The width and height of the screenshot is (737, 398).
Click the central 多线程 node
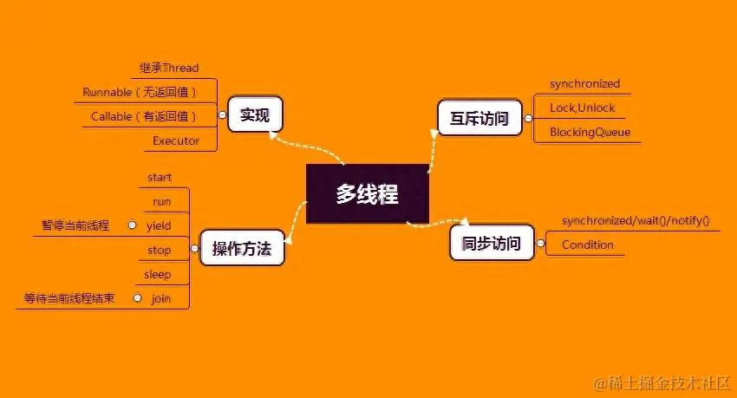368,194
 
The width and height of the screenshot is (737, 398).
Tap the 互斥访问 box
479,118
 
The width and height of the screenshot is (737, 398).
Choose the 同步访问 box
491,244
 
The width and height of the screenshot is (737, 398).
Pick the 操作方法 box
242,251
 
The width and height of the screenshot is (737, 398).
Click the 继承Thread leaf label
169,68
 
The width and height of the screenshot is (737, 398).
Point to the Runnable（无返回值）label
140,92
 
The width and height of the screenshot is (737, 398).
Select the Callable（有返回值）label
144,116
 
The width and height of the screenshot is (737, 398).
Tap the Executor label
176,140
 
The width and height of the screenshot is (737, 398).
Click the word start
160,178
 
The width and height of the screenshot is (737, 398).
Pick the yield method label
159,225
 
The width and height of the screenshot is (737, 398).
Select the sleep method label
158,275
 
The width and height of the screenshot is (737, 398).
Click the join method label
160,298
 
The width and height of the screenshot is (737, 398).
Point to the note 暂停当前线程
75,225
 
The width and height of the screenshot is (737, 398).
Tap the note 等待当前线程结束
69,298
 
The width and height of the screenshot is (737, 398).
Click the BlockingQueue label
590,133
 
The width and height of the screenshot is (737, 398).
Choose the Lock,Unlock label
582,108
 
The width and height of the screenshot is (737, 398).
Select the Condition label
587,245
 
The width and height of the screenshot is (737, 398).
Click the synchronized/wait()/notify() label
635,220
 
